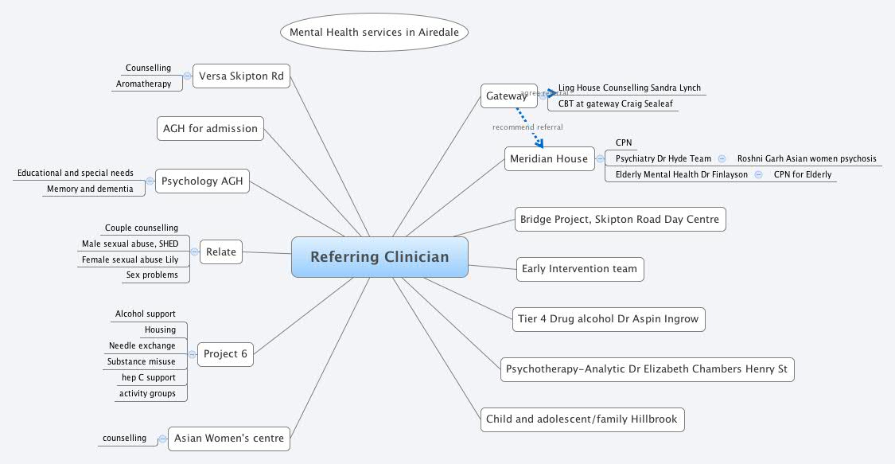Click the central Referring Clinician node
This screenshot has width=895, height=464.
(x=379, y=257)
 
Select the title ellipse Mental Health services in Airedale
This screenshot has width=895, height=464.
(x=374, y=33)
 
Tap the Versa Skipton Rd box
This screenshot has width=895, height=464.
(x=241, y=76)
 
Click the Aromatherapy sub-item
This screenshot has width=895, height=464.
(x=144, y=84)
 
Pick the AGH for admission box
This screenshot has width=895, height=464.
(x=210, y=128)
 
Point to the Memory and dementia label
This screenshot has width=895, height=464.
(x=90, y=189)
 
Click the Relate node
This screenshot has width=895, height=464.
(x=221, y=252)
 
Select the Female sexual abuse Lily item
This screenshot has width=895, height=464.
(x=130, y=259)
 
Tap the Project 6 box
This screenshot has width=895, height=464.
(x=225, y=353)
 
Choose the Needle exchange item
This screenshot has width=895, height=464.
(x=142, y=345)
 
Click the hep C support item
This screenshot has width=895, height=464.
(x=149, y=377)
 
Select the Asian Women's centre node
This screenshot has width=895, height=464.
(x=229, y=439)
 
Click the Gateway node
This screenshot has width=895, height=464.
(x=507, y=96)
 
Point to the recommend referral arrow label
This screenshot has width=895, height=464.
(x=527, y=127)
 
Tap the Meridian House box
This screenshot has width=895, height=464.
(x=548, y=158)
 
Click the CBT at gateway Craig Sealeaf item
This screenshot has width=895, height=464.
(x=613, y=103)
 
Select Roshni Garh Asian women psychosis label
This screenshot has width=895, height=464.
(x=807, y=158)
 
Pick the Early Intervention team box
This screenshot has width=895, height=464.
(x=579, y=269)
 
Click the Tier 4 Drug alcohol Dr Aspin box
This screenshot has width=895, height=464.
(x=608, y=319)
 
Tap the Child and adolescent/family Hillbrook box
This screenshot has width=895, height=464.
(x=582, y=419)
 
